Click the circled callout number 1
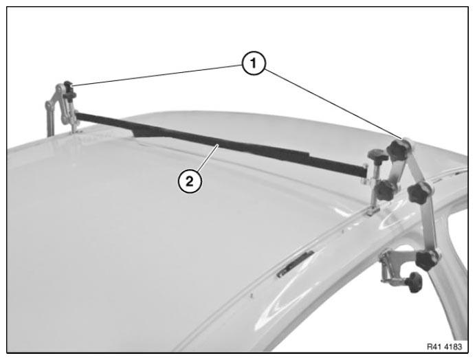[254, 63]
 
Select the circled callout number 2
[190, 181]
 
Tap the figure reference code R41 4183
[444, 347]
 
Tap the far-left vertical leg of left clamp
[49, 120]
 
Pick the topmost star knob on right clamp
[397, 149]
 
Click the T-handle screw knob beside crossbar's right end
[377, 156]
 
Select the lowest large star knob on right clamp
[427, 260]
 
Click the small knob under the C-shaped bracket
[415, 282]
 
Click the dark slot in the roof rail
[296, 263]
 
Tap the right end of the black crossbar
[366, 171]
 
